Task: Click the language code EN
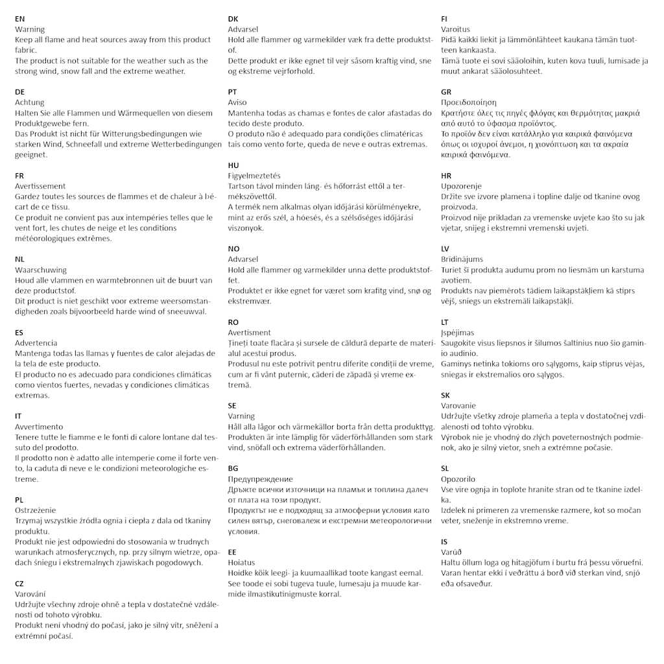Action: pyautogui.click(x=20, y=19)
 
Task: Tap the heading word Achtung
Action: pyautogui.click(x=30, y=102)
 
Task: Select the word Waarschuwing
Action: pyautogui.click(x=41, y=270)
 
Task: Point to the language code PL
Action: pyautogui.click(x=19, y=500)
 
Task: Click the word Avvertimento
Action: pyautogui.click(x=39, y=427)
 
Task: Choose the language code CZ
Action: pyautogui.click(x=19, y=584)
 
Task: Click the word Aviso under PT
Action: pyautogui.click(x=237, y=102)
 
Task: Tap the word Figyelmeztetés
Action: pyautogui.click(x=254, y=176)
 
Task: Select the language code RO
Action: pyautogui.click(x=233, y=322)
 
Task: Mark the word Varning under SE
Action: pyautogui.click(x=241, y=416)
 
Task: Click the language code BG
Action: pyautogui.click(x=233, y=468)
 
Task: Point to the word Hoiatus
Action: pyautogui.click(x=241, y=563)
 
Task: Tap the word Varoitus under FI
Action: pyautogui.click(x=455, y=29)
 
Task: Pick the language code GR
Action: pyautogui.click(x=446, y=92)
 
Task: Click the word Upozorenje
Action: pyautogui.click(x=460, y=186)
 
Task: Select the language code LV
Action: pyautogui.click(x=445, y=249)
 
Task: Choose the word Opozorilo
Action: pyautogui.click(x=458, y=479)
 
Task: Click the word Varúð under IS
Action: pyautogui.click(x=452, y=552)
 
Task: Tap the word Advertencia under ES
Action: pyautogui.click(x=36, y=343)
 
